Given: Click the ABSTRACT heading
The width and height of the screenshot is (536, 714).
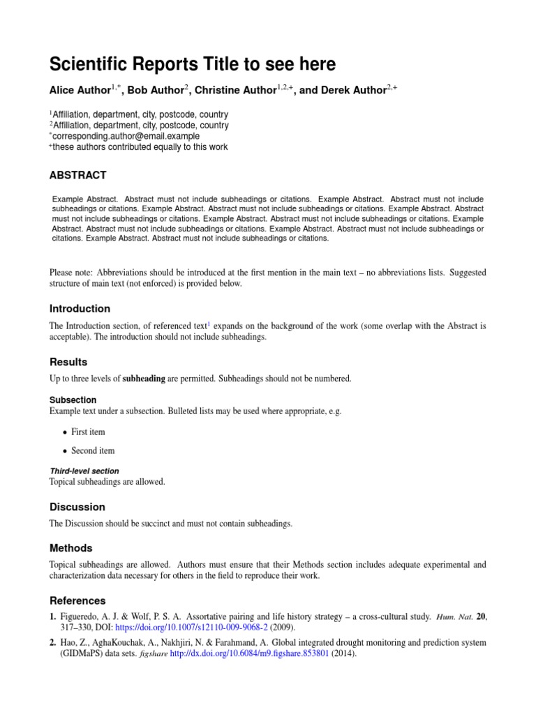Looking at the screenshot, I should (77, 175).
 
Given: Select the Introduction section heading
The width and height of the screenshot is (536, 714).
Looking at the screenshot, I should (80, 308).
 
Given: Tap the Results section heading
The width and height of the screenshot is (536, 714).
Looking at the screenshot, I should (68, 362).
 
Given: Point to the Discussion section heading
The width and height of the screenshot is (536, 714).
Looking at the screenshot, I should (77, 507).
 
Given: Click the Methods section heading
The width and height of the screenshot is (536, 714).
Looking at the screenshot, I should (70, 548).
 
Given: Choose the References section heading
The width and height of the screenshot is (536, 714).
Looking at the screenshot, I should (77, 600).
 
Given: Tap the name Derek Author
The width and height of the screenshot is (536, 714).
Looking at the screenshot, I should (346, 89).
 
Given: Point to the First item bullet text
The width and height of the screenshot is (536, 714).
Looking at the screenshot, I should (88, 432).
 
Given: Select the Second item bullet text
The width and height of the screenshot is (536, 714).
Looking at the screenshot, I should (93, 450).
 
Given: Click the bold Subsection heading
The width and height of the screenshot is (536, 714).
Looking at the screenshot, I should (73, 400).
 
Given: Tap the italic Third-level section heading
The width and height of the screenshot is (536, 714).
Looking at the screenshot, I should (84, 471).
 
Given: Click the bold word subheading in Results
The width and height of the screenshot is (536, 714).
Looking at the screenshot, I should (144, 379).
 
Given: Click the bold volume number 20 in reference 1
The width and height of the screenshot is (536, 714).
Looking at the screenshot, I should (481, 616).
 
